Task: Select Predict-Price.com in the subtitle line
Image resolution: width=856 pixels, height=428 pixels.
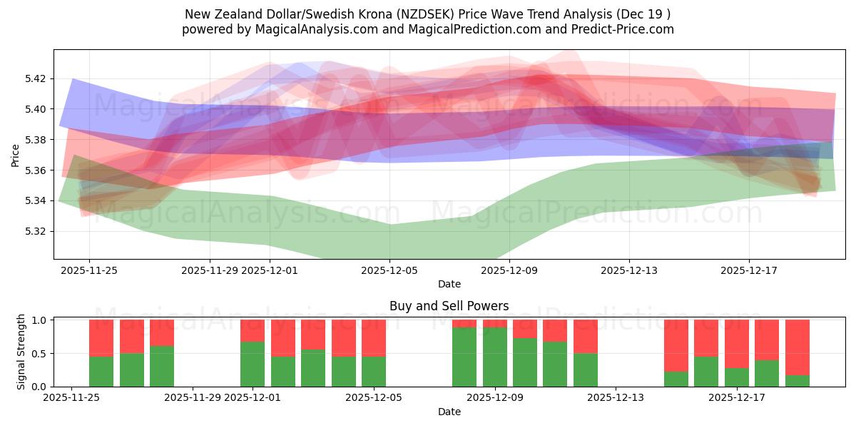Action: click(x=617, y=29)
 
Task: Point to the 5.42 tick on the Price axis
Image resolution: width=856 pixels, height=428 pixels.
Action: click(x=36, y=78)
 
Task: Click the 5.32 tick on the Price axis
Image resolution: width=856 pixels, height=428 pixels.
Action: click(x=36, y=232)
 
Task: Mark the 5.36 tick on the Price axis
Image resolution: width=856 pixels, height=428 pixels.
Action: click(x=36, y=170)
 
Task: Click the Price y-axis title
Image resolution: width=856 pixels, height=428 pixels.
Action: click(x=16, y=154)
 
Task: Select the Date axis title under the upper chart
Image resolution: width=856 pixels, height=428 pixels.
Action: click(x=449, y=284)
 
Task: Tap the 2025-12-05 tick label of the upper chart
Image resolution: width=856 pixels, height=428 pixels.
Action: click(x=389, y=270)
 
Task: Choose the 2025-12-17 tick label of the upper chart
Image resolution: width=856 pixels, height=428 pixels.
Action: click(x=748, y=270)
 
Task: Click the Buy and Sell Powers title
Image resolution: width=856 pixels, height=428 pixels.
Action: click(x=449, y=306)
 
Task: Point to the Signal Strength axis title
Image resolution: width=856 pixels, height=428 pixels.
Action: click(x=21, y=352)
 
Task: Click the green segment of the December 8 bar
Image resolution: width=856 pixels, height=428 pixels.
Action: click(x=464, y=357)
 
